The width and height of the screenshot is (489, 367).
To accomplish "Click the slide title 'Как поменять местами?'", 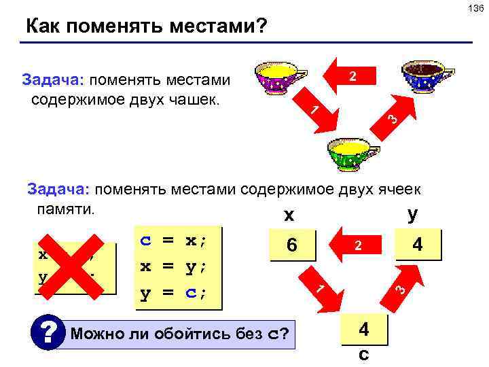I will coord(147,27).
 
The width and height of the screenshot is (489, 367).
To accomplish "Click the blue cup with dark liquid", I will coord(427,77).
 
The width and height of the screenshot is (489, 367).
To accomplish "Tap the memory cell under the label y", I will coord(418,244).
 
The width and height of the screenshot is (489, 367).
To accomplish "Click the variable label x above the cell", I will coord(289,216).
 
